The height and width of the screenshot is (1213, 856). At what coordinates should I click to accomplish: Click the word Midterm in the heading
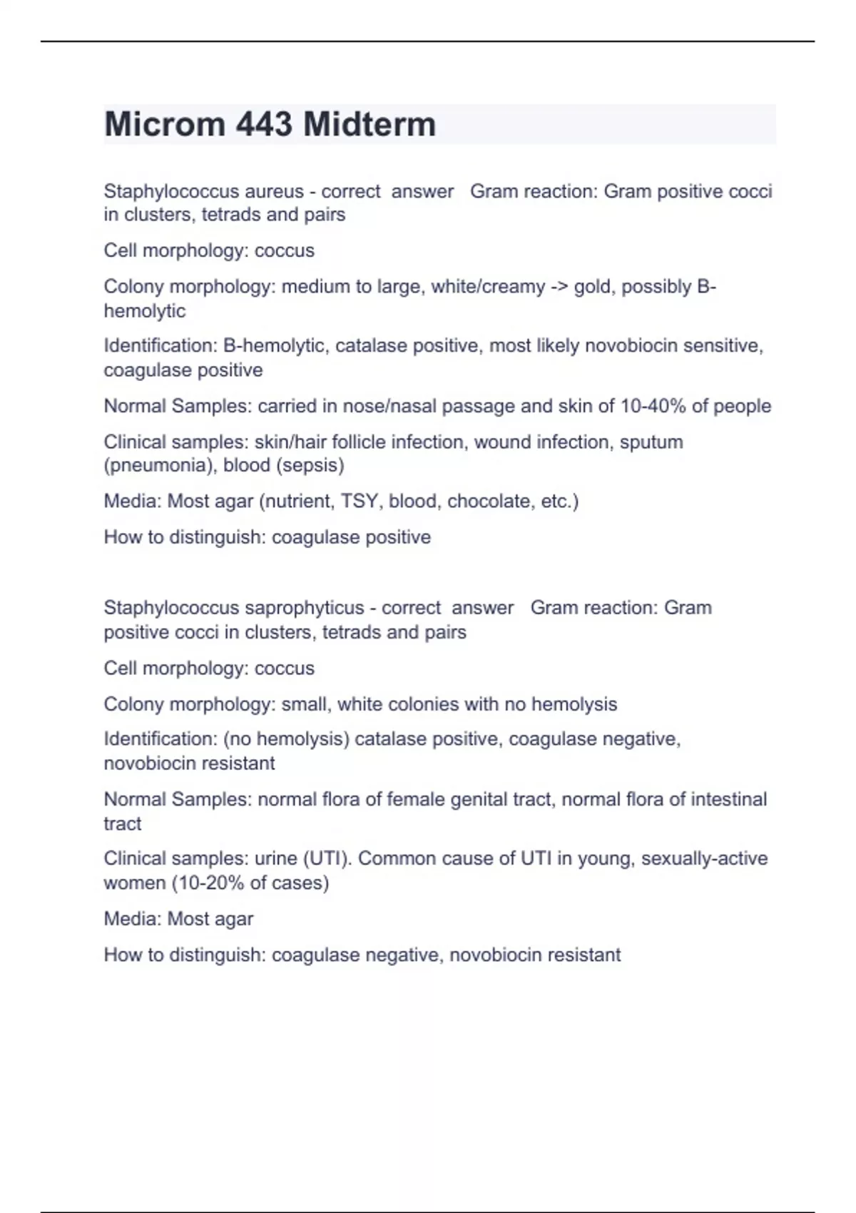370,124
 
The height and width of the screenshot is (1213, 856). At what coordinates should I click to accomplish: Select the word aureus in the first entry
274,191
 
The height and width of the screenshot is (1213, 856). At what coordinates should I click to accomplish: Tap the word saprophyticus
305,608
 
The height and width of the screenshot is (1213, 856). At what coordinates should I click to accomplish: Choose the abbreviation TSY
359,501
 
